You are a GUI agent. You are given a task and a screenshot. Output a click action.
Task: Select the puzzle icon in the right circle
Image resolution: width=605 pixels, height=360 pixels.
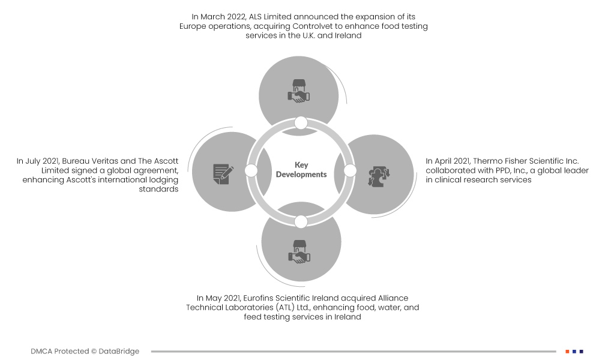(x=379, y=174)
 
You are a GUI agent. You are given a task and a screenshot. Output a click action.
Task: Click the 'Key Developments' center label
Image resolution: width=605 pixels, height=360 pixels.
(x=301, y=170)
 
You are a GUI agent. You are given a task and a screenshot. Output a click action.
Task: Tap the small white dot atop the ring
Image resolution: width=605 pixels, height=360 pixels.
(x=301, y=123)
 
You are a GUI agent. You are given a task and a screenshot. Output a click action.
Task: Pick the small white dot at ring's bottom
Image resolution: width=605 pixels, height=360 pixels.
(x=301, y=221)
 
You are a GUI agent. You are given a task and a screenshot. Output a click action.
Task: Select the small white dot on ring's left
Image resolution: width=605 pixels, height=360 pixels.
(x=251, y=170)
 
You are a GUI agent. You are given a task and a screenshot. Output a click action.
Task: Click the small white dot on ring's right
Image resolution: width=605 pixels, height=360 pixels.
(x=350, y=171)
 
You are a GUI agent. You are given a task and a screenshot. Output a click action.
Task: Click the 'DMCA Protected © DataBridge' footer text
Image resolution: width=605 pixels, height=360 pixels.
(x=85, y=351)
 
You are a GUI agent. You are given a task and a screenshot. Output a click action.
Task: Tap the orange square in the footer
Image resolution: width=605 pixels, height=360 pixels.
(x=567, y=351)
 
